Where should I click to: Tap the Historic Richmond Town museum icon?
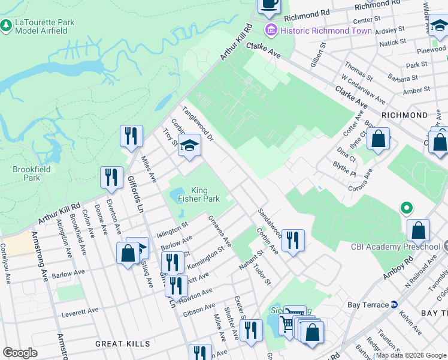pyautogui.click(x=271, y=30)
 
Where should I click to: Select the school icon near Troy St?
pyautogui.click(x=189, y=146)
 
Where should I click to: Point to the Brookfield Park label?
pyautogui.click(x=26, y=173)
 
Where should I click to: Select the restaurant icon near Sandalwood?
pyautogui.click(x=293, y=240)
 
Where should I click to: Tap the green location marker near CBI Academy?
pyautogui.click(x=406, y=208)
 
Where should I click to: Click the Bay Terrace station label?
pyautogui.click(x=368, y=305)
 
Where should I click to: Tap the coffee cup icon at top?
pyautogui.click(x=269, y=4)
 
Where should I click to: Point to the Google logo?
pyautogui.click(x=20, y=353)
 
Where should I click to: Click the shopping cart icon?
pyautogui.click(x=288, y=323)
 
